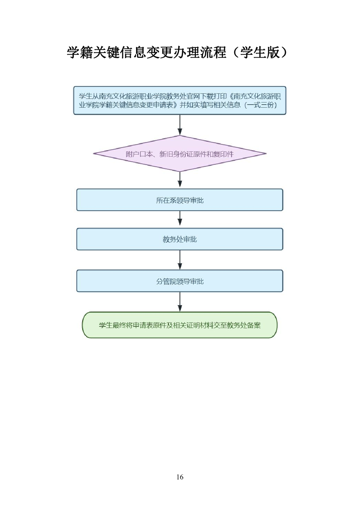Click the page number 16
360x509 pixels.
coord(180,477)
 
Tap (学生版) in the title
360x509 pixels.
coord(260,53)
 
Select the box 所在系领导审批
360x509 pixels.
coord(180,200)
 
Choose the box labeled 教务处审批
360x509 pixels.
coord(180,239)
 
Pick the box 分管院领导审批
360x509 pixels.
coord(180,281)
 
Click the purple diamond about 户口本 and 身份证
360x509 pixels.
coord(180,154)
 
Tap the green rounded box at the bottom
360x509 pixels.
coord(180,325)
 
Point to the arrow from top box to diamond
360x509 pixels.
coord(180,125)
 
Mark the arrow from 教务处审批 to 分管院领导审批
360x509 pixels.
coord(180,260)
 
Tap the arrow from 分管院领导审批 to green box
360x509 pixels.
coord(180,302)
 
